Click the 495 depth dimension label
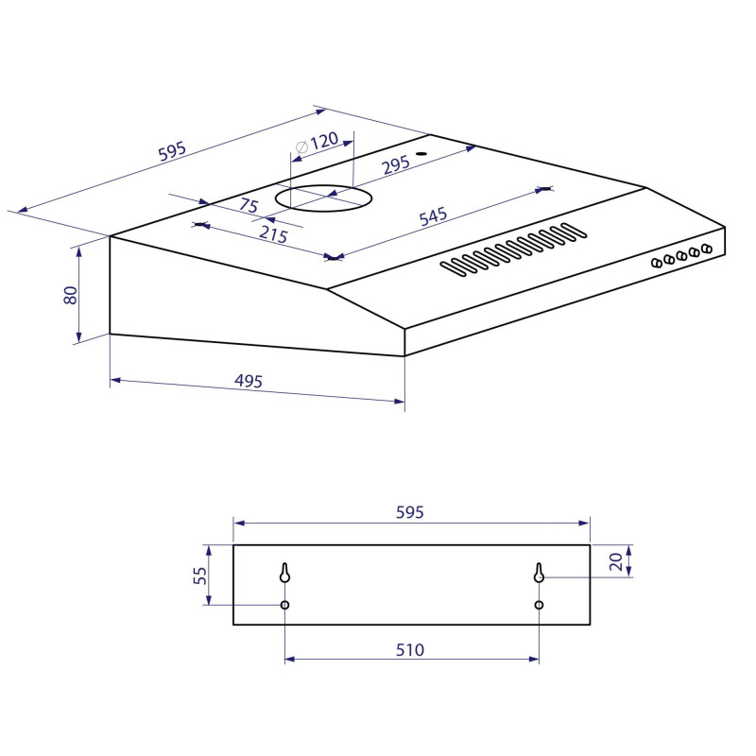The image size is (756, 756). pyautogui.click(x=249, y=381)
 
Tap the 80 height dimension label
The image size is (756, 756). pyautogui.click(x=70, y=295)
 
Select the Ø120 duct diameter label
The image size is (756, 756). pyautogui.click(x=317, y=143)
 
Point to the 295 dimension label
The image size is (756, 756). pyautogui.click(x=396, y=165)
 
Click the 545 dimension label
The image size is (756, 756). pyautogui.click(x=433, y=216)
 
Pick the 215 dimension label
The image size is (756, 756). pyautogui.click(x=273, y=234)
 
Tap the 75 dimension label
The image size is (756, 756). pyautogui.click(x=249, y=206)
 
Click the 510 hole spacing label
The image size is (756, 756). pyautogui.click(x=410, y=650)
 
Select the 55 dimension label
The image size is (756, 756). pyautogui.click(x=199, y=576)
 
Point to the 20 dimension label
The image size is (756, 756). pyautogui.click(x=616, y=561)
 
